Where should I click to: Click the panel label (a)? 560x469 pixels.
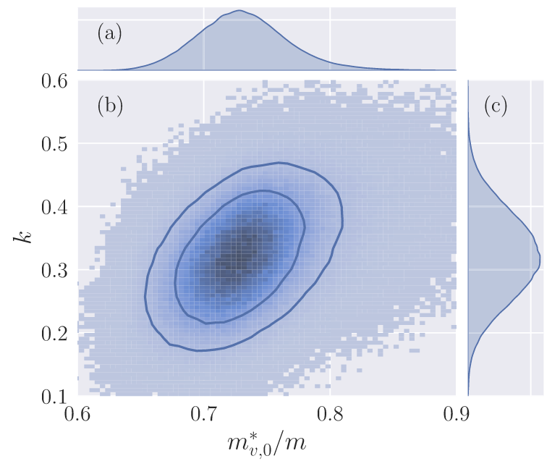(109, 34)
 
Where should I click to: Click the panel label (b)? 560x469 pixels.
(110, 106)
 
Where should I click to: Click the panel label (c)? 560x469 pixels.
(496, 106)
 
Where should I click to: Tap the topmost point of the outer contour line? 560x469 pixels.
(279, 162)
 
